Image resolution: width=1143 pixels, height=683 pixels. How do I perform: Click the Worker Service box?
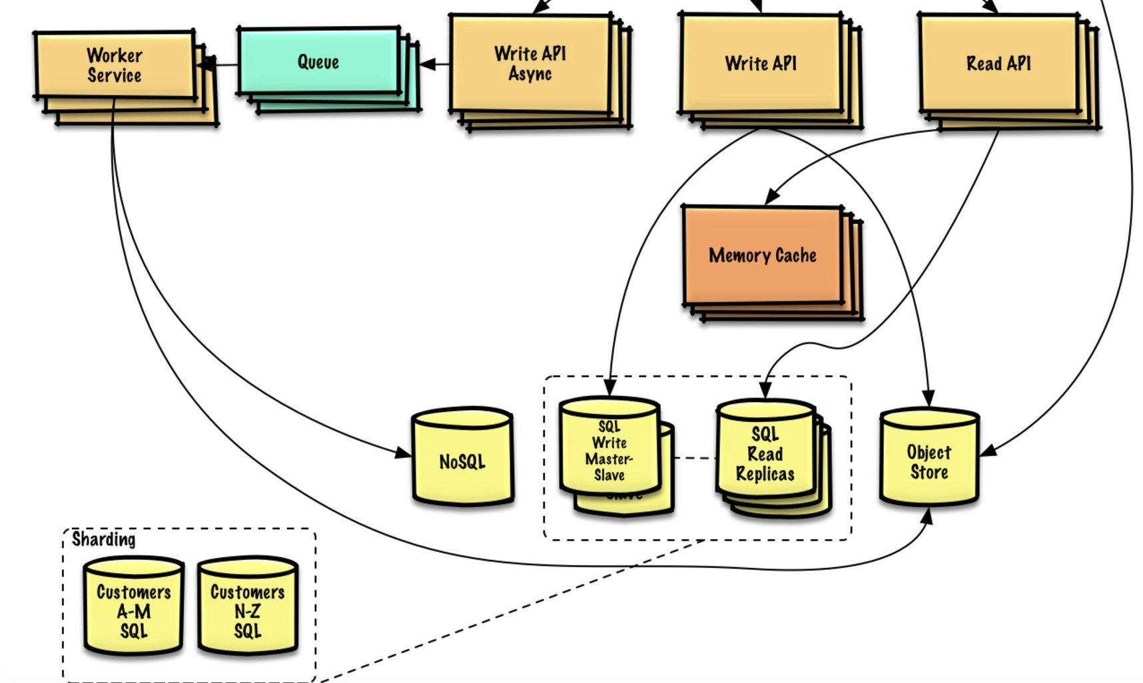click(x=114, y=65)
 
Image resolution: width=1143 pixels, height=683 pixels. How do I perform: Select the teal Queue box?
click(x=318, y=61)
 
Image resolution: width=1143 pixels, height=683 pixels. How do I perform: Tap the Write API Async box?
click(x=530, y=63)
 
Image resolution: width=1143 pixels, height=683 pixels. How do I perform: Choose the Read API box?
click(x=998, y=63)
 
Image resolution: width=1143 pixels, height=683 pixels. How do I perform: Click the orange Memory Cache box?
click(x=762, y=255)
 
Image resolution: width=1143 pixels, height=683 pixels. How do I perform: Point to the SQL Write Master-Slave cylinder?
click(x=609, y=449)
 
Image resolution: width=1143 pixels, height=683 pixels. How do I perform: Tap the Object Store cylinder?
click(x=929, y=461)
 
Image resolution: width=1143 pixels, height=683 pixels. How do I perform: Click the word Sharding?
click(x=103, y=539)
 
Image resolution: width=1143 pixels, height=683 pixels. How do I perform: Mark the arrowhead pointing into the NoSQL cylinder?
click(x=404, y=453)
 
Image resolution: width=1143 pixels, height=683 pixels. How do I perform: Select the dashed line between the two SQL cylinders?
click(x=695, y=458)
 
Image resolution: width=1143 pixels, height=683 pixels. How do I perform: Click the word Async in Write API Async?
click(x=530, y=74)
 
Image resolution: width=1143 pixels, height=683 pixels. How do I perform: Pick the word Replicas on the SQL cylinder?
click(x=765, y=474)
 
